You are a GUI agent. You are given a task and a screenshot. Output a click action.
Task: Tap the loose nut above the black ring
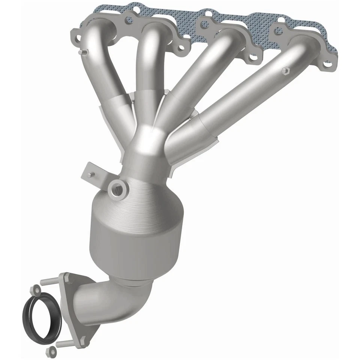pyautogui.click(x=36, y=289)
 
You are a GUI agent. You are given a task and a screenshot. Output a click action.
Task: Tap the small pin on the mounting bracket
pyautogui.click(x=90, y=175)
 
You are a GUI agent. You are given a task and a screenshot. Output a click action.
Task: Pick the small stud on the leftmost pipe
pyautogui.click(x=85, y=52)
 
